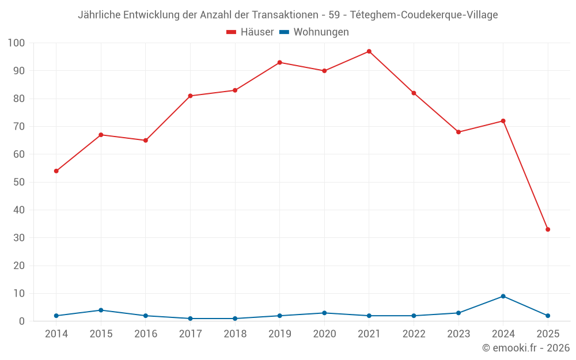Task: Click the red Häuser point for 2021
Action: click(369, 51)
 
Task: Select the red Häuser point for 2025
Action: click(548, 229)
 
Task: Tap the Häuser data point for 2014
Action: click(56, 171)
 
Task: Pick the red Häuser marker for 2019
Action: click(279, 62)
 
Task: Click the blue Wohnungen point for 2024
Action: click(503, 296)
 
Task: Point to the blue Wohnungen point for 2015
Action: click(101, 310)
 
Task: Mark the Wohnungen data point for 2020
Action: click(324, 313)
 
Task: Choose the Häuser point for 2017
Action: click(190, 96)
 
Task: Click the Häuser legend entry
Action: click(250, 32)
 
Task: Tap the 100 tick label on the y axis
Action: click(17, 43)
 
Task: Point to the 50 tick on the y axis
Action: click(19, 182)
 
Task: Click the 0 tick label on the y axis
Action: click(22, 321)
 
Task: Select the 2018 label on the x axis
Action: click(235, 334)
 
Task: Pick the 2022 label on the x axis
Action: click(414, 334)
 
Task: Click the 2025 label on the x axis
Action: click(548, 334)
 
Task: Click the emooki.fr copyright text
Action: click(526, 348)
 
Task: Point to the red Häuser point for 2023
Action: click(458, 132)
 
